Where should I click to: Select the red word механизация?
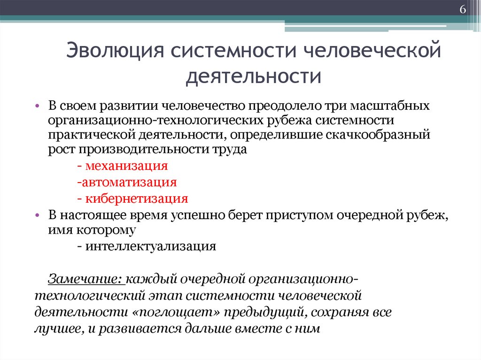coord(127,166)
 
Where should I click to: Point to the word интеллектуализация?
coord(151,246)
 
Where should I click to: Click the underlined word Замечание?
coord(85,279)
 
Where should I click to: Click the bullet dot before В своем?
coord(38,107)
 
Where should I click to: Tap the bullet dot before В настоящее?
coord(38,215)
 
